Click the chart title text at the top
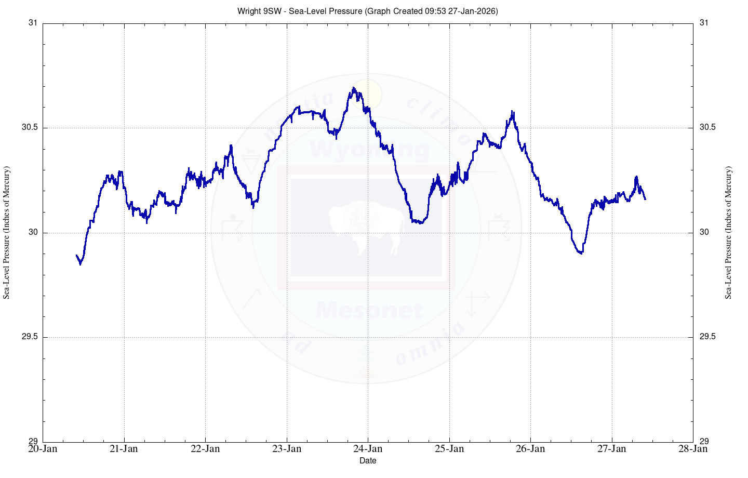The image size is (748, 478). [367, 11]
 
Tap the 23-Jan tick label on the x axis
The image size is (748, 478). [287, 449]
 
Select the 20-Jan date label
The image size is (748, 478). [43, 449]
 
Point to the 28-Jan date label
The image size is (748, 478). [693, 449]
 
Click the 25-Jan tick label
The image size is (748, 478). [449, 449]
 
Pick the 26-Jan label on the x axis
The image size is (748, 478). [530, 449]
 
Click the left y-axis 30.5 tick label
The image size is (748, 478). [30, 128]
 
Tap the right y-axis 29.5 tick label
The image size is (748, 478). [707, 337]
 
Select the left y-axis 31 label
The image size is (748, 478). [33, 23]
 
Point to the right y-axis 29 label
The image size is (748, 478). [704, 442]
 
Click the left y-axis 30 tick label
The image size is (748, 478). [33, 232]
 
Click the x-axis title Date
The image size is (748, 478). [368, 460]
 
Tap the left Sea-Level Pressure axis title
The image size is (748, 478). [7, 232]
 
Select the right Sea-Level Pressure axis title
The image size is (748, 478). [728, 232]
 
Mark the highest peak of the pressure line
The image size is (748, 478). [353, 88]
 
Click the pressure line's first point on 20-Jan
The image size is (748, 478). [76, 255]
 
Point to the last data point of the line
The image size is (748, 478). [645, 199]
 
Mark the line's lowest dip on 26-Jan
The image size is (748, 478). [581, 254]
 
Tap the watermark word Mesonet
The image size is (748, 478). [369, 310]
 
